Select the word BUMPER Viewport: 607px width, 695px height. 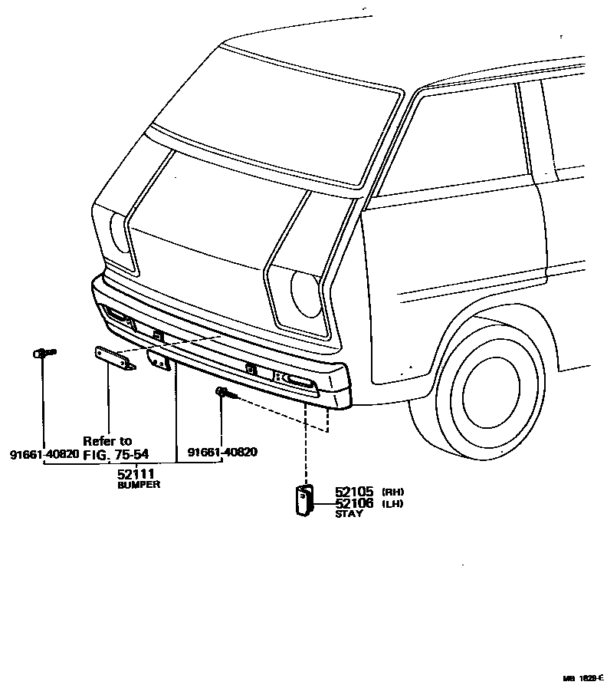pyautogui.click(x=139, y=486)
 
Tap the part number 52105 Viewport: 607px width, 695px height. pyautogui.click(x=353, y=492)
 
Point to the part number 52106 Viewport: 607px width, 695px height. pyautogui.click(x=353, y=503)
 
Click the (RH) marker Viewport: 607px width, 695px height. pyautogui.click(x=392, y=492)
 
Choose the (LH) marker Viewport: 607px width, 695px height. pyautogui.click(x=392, y=503)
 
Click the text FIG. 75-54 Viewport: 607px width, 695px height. pyautogui.click(x=116, y=453)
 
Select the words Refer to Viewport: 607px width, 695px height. pyautogui.click(x=107, y=441)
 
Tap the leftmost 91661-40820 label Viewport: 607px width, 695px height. pyautogui.click(x=44, y=453)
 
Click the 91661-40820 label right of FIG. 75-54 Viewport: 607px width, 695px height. pyautogui.click(x=222, y=453)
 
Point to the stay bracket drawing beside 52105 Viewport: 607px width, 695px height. pyautogui.click(x=304, y=500)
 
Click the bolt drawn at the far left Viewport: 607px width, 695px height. pyautogui.click(x=43, y=353)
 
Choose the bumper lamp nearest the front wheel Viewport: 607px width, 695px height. pyautogui.click(x=297, y=380)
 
